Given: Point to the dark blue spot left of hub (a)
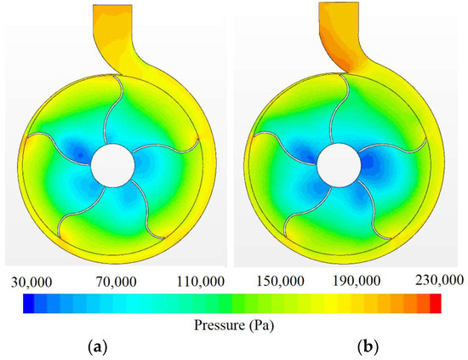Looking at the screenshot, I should pyautogui.click(x=79, y=153).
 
